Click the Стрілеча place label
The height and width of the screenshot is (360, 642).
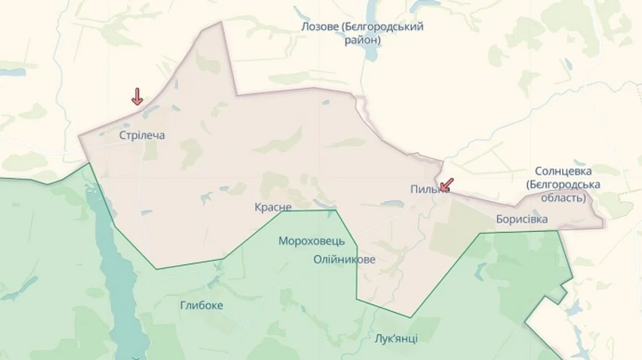click(142, 135)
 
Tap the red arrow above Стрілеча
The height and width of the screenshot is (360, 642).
click(137, 97)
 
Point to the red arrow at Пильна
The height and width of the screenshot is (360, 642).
click(446, 185)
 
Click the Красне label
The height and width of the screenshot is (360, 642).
click(272, 207)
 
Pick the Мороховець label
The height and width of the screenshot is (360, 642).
click(312, 240)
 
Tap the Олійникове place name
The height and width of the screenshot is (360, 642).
click(344, 259)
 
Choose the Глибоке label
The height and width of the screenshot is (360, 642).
click(201, 305)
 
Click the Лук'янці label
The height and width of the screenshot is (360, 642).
click(396, 338)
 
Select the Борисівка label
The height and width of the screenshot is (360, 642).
click(522, 219)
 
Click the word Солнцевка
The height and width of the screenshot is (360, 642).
click(568, 171)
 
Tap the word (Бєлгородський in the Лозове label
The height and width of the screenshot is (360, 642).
click(382, 27)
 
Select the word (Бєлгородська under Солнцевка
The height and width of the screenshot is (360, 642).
click(563, 185)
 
